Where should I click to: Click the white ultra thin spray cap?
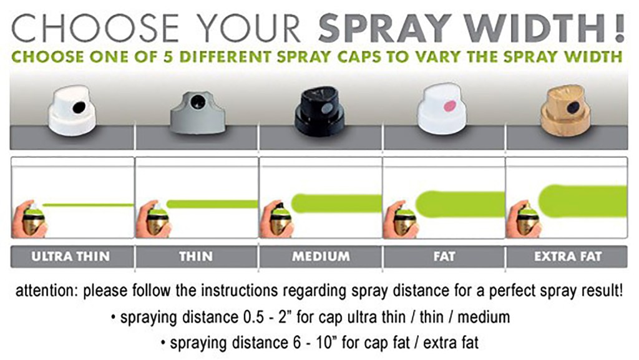pos(72,110)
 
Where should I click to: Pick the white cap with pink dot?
pos(445,110)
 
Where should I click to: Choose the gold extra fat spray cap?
pos(567,110)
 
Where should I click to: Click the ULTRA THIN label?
pos(71,256)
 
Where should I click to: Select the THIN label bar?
pos(196,256)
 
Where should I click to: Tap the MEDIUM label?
pos(321,256)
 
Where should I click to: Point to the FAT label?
pos(444,256)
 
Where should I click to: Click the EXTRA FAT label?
pos(568,256)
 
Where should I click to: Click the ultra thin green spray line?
pos(87,205)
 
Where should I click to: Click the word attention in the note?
pos(45,291)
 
